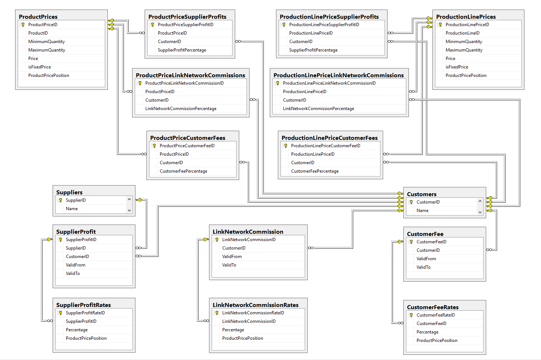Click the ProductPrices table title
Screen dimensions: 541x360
(x=38, y=17)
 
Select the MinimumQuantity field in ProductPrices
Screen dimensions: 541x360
(x=46, y=42)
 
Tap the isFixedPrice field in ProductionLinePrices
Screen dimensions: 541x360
(x=457, y=67)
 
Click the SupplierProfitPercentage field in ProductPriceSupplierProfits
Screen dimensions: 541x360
(x=182, y=50)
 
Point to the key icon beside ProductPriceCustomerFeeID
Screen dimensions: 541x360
(x=154, y=146)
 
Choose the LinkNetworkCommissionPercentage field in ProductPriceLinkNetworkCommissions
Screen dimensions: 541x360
(x=181, y=109)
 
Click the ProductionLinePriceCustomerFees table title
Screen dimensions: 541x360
(x=329, y=138)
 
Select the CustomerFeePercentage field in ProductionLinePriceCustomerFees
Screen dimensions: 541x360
(x=315, y=171)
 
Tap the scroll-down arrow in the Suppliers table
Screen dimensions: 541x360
(x=130, y=211)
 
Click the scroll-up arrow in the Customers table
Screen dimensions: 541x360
(x=480, y=201)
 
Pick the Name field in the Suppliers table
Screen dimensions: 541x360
(x=72, y=208)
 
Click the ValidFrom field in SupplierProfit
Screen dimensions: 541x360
(x=75, y=265)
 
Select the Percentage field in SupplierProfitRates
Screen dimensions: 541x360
(x=77, y=330)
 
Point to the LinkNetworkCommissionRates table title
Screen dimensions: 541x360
(x=255, y=305)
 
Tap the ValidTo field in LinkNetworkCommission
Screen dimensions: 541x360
(x=229, y=265)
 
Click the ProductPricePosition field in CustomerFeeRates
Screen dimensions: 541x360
(x=437, y=340)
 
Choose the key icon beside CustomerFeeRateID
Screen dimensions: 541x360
(x=411, y=315)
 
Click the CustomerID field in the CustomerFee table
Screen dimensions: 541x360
(x=428, y=250)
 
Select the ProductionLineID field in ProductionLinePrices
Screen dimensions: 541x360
(x=463, y=33)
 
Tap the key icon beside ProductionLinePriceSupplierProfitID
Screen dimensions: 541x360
(x=284, y=25)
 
